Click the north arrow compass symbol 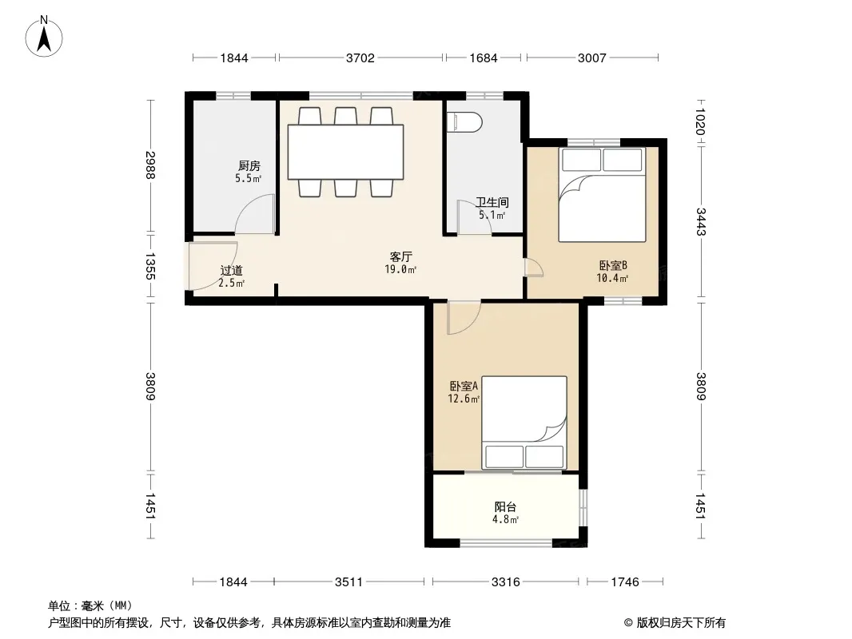44,37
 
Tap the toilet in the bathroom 464,122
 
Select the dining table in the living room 345,152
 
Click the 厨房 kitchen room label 249,165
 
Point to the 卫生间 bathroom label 492,203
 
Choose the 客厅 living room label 401,256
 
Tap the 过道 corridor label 232,270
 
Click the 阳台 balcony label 505,507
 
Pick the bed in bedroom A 524,423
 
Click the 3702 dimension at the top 360,58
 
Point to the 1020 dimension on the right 700,122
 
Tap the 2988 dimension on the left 150,165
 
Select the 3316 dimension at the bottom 505,582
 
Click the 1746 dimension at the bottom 625,582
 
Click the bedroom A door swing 471,324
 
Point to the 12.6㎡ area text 464,399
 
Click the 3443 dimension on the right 700,221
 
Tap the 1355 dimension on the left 150,267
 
